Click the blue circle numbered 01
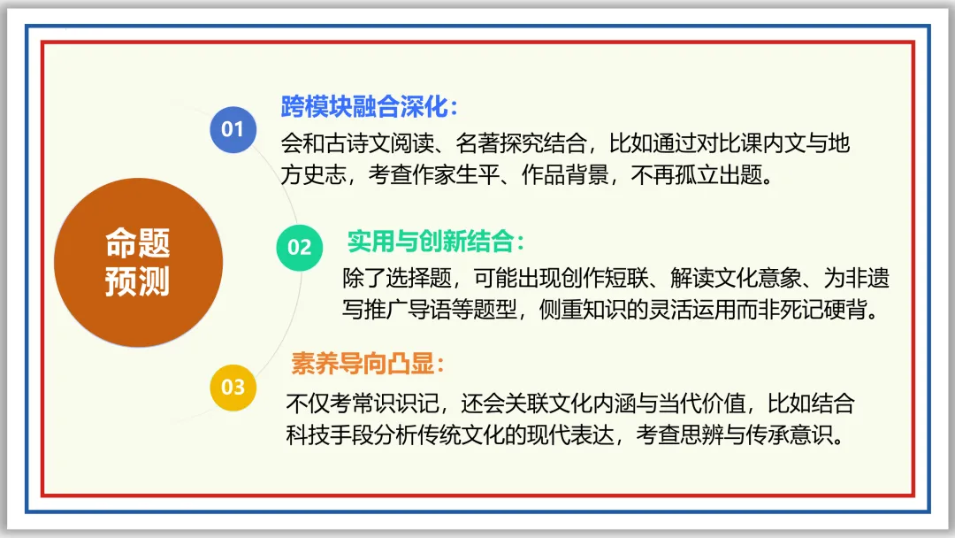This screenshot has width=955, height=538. [x=233, y=130]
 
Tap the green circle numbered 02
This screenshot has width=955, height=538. [x=300, y=247]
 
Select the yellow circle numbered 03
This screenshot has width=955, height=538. [x=233, y=387]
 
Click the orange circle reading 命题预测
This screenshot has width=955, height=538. [x=137, y=262]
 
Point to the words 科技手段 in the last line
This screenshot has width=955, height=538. [x=329, y=436]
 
